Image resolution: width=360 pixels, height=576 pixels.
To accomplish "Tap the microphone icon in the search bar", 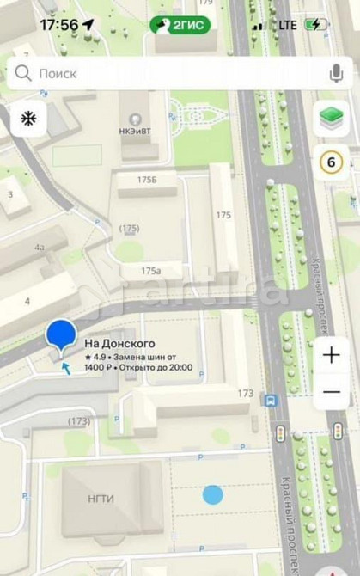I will (336, 74).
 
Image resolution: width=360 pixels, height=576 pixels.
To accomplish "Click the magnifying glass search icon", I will (24, 74).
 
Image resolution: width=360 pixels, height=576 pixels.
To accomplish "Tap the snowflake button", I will (27, 119).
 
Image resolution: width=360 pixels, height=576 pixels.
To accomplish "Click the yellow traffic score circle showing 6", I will (332, 162).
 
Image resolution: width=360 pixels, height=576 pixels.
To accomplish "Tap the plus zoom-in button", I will (332, 355).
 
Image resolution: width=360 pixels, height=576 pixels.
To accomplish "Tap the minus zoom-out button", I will (332, 393).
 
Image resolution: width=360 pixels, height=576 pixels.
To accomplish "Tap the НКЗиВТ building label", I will (135, 131).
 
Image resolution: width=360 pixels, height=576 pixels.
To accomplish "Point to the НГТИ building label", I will (101, 499).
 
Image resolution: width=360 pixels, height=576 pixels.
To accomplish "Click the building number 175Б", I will (147, 180).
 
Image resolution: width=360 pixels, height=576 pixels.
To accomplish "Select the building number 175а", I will (150, 271).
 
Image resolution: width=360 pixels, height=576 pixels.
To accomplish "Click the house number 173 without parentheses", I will (246, 394).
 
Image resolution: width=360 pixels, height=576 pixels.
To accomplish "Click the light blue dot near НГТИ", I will (212, 494).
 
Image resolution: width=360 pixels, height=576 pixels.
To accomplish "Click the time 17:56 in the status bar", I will (58, 25).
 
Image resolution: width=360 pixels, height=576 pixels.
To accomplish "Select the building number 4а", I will (40, 248).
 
